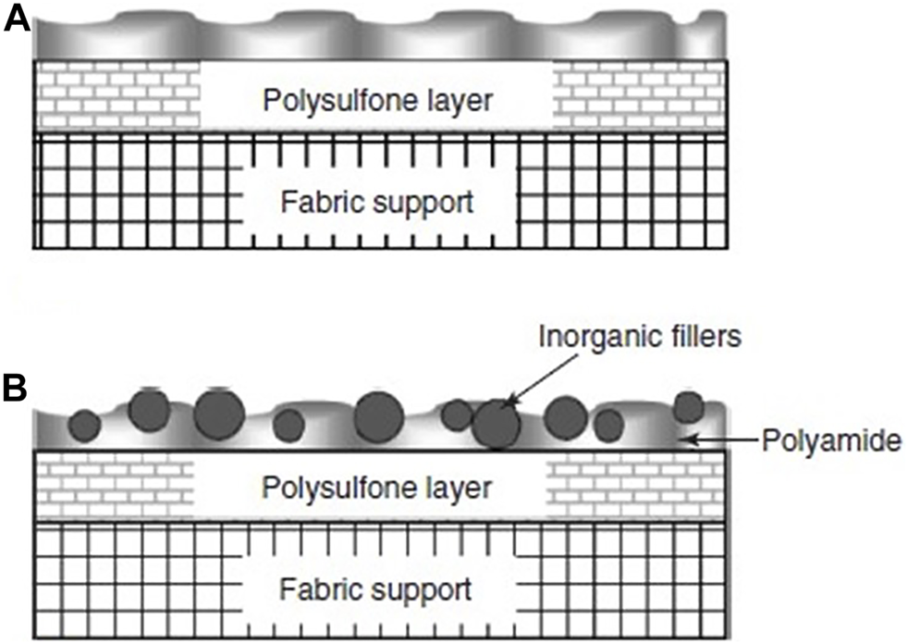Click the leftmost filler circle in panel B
85,425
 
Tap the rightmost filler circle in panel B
688,406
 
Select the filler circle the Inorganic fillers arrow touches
497,425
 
